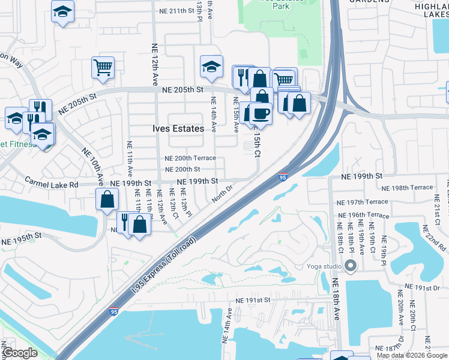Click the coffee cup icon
tap(260, 113)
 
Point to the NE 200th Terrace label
tap(190, 158)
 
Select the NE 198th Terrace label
tap(408, 188)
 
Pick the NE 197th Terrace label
tap(363, 202)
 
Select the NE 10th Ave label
tap(97, 170)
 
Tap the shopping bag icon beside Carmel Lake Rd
tap(107, 200)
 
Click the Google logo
tap(20, 353)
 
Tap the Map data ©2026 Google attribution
tap(411, 355)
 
